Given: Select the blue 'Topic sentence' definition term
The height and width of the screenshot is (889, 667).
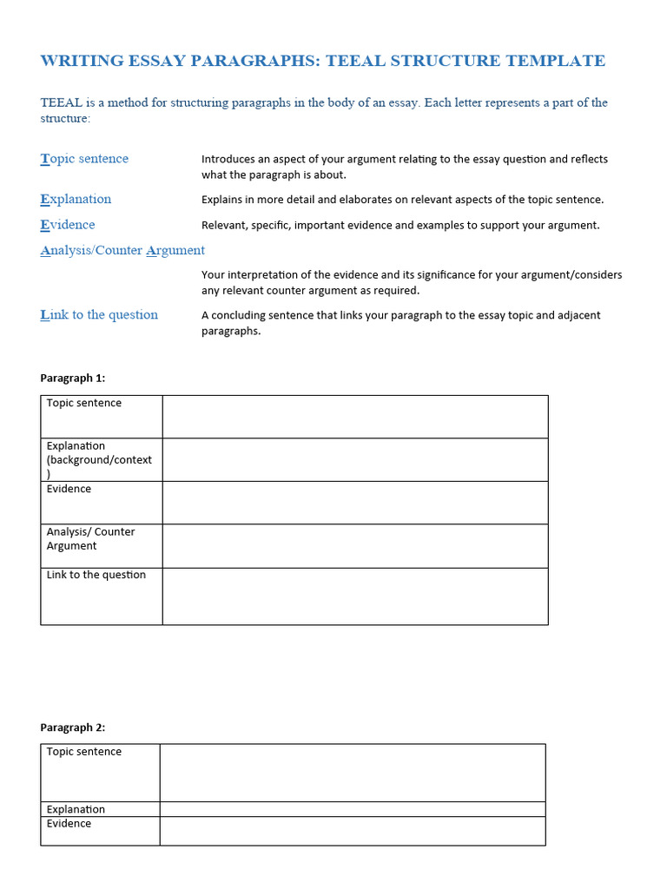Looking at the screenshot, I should point(84,159).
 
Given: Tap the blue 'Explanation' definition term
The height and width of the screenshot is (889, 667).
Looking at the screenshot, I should point(76,199).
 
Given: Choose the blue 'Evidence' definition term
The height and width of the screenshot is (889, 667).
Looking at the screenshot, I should point(68,225).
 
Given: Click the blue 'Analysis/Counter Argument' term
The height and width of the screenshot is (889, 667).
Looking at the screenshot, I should point(122,251).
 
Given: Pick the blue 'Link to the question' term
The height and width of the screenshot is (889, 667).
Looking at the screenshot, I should point(99,315).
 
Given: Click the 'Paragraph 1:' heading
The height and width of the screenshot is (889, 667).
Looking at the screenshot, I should point(73,379).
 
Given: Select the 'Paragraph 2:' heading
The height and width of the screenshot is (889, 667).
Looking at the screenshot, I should point(73,728).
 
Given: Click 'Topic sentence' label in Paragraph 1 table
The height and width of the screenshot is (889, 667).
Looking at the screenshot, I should point(84,404).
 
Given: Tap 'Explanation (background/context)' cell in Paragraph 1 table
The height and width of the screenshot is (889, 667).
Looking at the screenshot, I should point(99,459).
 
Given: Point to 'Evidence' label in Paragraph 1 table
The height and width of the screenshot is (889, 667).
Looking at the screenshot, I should point(69,490).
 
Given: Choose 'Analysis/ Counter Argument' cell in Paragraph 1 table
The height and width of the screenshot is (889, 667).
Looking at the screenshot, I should point(90,539).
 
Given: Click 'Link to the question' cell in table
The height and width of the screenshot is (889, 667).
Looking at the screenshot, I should point(96,576).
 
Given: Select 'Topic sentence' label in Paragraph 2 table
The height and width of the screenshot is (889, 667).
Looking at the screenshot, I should point(84,753).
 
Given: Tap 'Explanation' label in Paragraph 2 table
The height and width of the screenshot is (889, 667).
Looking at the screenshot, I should point(76,809).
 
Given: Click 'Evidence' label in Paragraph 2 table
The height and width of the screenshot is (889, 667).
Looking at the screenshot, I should point(69,824).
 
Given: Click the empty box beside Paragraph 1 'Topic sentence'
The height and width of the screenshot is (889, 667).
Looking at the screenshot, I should point(354,417).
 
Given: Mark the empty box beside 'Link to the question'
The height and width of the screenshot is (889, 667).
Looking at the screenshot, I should point(354,596).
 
